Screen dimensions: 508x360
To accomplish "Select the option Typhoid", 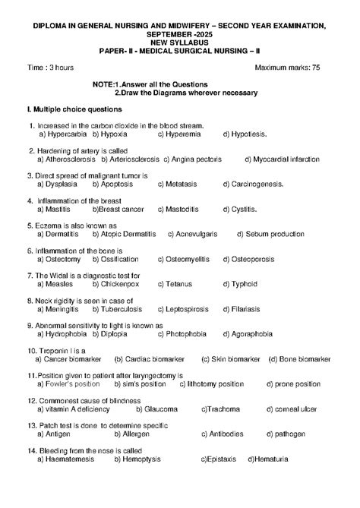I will (238, 284).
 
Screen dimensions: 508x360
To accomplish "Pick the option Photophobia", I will (187, 334).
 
